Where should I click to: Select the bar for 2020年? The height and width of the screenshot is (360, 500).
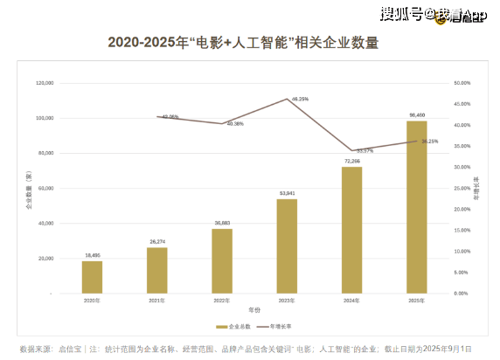tap(92, 277)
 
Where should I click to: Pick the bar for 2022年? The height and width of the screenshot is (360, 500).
tap(222, 260)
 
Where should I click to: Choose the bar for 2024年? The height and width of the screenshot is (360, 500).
tap(351, 229)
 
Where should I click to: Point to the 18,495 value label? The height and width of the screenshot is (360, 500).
tap(92, 255)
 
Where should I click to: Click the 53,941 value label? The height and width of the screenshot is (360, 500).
tap(287, 193)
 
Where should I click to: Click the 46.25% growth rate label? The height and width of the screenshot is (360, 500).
tap(300, 99)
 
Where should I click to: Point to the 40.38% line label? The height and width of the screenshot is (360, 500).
tap(234, 124)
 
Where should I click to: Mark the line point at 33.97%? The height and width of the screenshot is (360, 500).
tap(351, 150)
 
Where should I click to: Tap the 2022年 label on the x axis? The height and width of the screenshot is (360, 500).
tap(222, 300)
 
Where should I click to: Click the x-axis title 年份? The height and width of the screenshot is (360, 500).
tap(253, 310)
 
